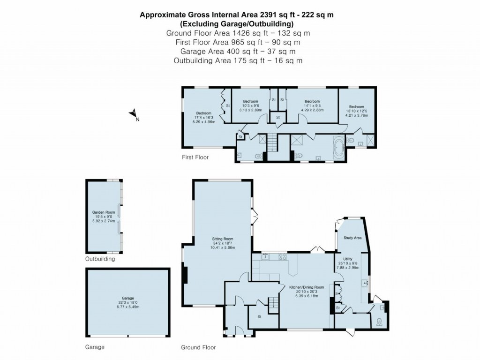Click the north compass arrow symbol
pos(134,113)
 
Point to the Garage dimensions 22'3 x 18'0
pos(128,302)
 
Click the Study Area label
pos(353,238)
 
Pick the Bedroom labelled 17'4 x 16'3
pos(204,113)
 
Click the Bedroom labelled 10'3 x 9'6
pos(250,102)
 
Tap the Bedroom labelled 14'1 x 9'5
pos(312,102)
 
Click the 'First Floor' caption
pos(195,157)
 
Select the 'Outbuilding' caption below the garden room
pos(100,259)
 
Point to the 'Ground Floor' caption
pos(198,348)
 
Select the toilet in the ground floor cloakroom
pos(380,322)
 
